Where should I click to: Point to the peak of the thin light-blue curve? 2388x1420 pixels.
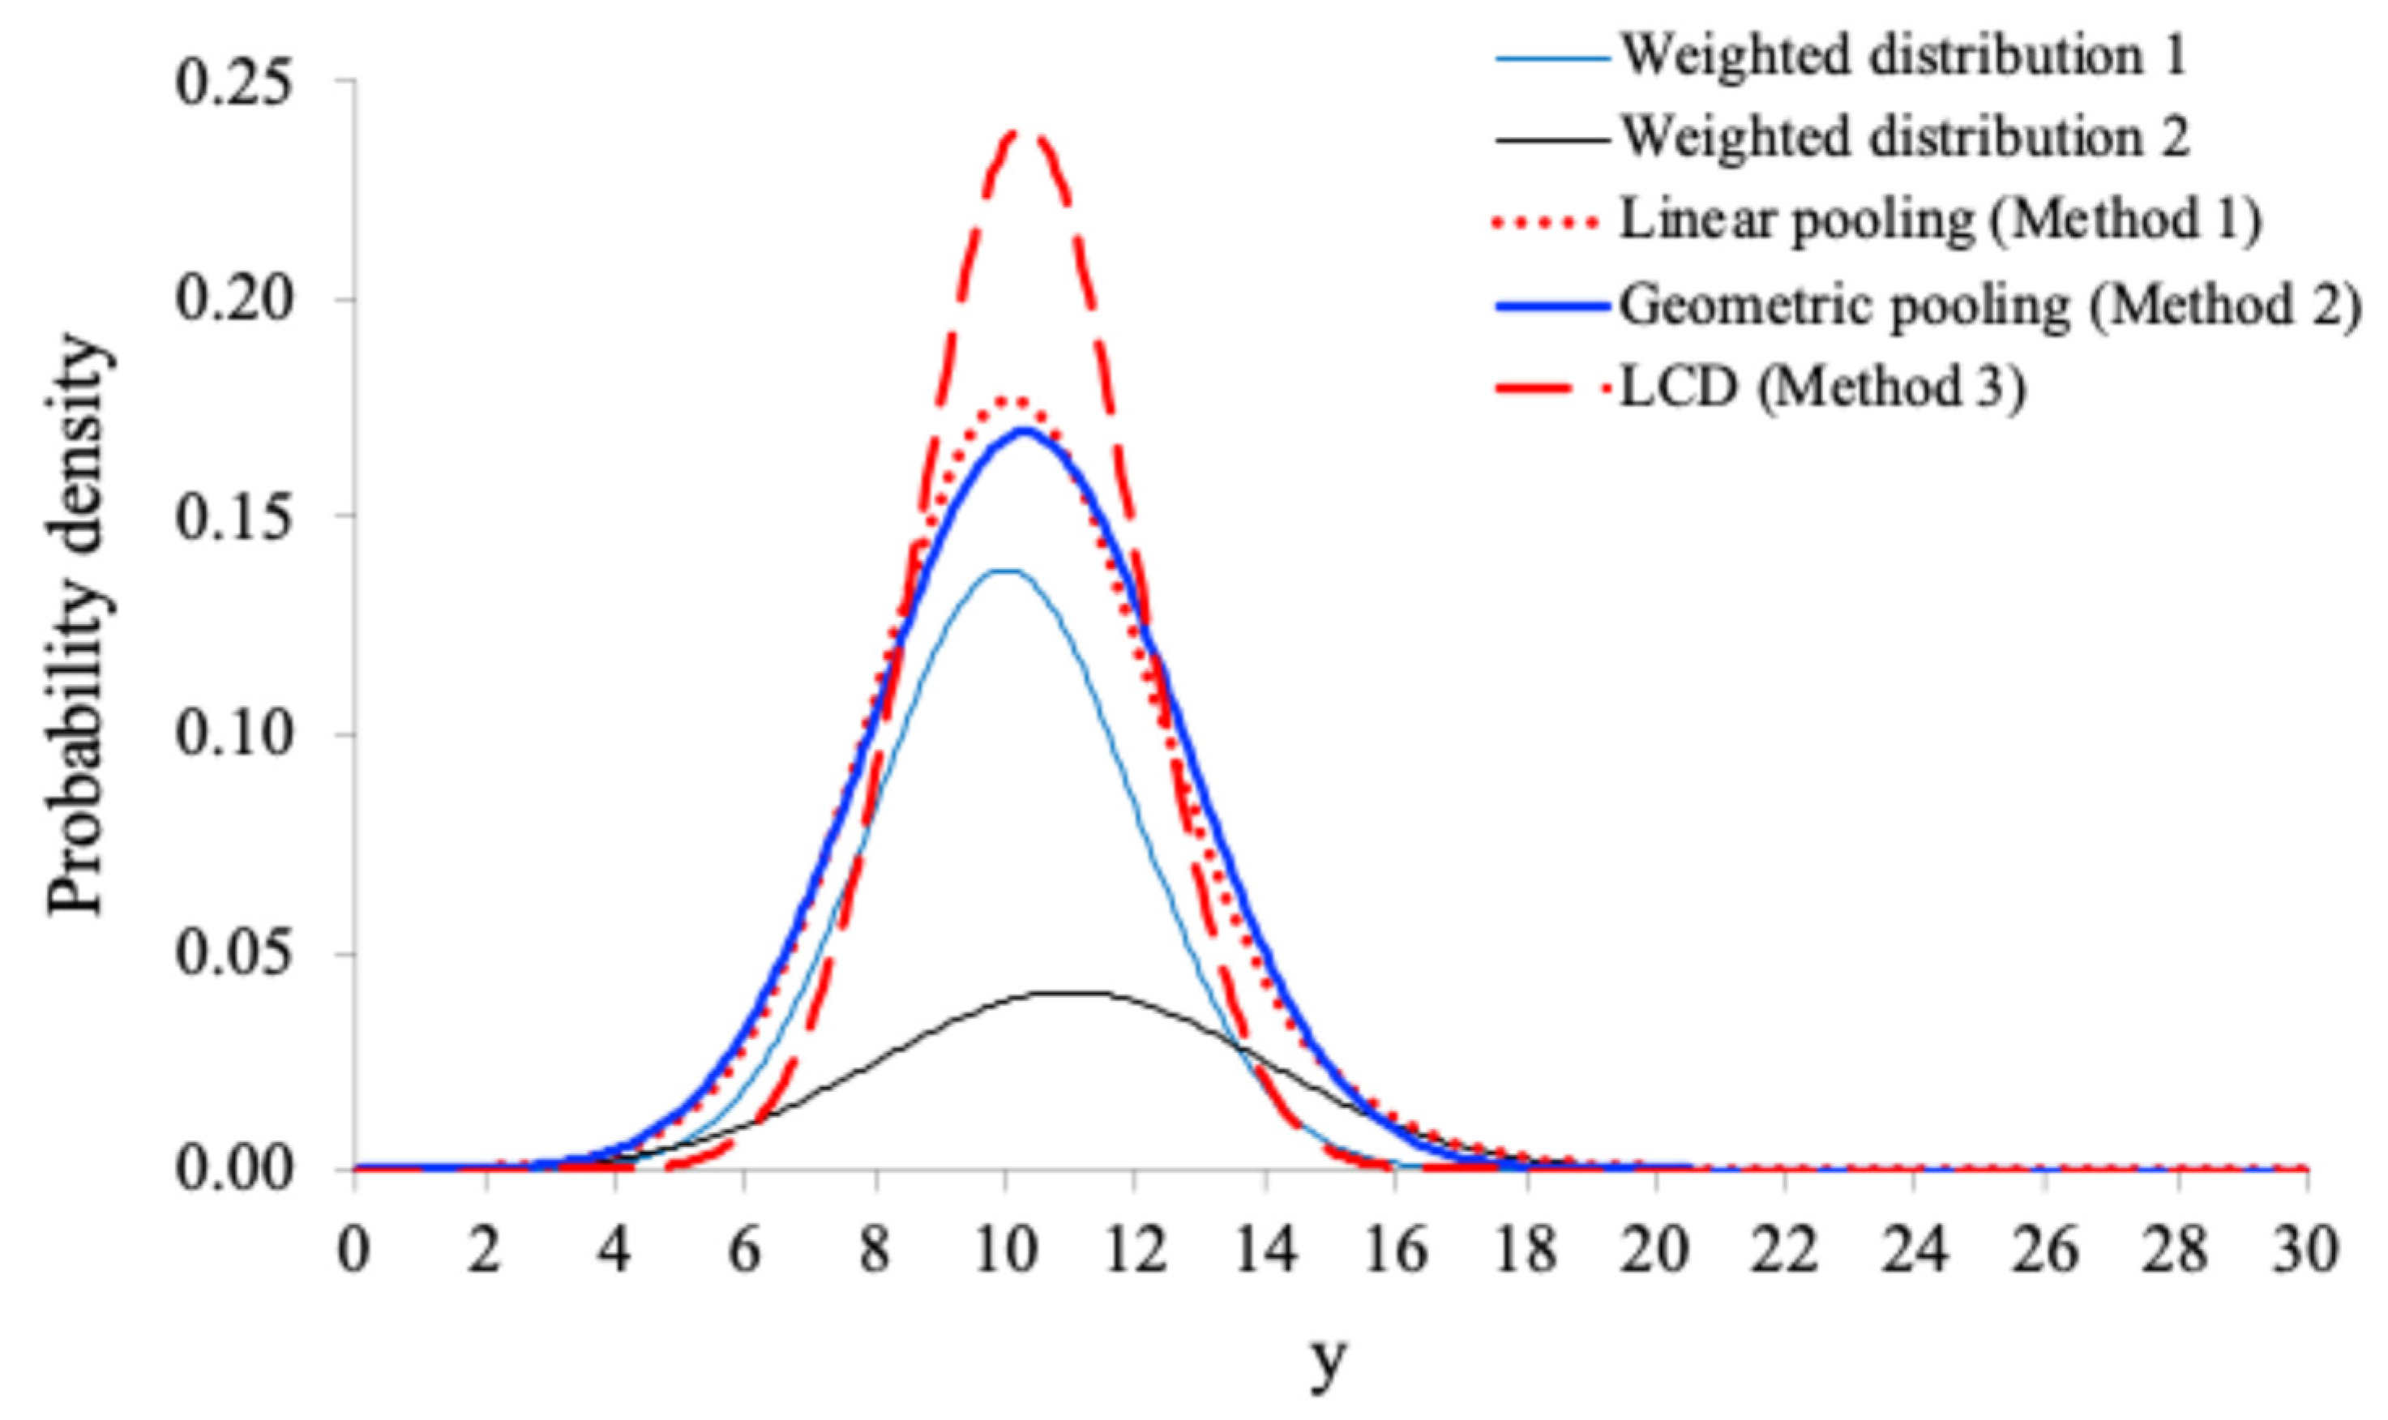click(x=1007, y=571)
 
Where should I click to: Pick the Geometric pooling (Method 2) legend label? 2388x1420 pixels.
click(x=1988, y=306)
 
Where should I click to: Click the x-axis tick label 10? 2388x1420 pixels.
click(x=1004, y=1251)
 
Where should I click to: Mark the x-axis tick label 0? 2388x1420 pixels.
click(x=354, y=1251)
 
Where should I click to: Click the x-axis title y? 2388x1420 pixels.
click(x=1329, y=1363)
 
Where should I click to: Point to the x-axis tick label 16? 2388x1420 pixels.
click(x=1395, y=1251)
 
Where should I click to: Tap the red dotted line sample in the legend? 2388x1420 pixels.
click(x=1545, y=222)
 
